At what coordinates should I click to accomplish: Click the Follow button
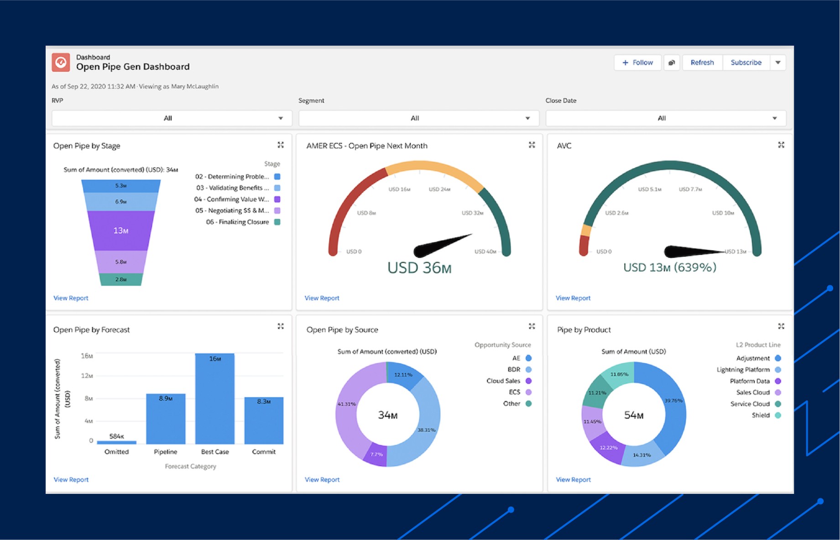coord(637,63)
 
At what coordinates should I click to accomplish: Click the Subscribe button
coord(746,63)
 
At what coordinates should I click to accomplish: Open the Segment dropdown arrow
coord(527,118)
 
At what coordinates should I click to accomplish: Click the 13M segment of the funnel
coord(121,231)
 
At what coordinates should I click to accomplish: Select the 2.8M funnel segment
coord(121,279)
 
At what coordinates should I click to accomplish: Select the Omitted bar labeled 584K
coord(116,442)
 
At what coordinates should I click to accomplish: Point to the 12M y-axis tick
coord(87,376)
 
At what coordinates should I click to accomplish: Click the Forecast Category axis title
coord(190,466)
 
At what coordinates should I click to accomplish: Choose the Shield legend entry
coord(761,415)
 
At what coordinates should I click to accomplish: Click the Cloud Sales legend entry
coord(503,381)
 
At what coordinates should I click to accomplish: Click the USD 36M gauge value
coord(419,268)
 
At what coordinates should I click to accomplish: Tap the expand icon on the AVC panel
coord(781,145)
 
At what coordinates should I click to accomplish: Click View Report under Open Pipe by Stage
coord(71,298)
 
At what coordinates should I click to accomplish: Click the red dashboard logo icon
coord(61,63)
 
